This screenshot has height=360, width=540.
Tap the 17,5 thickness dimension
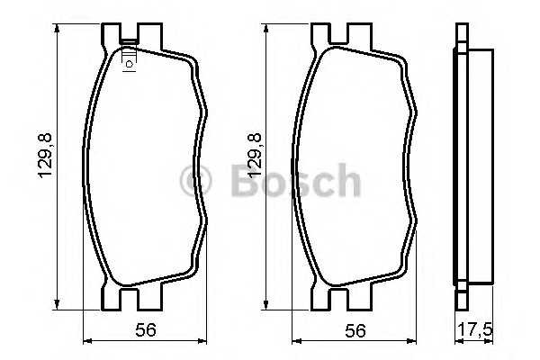click(x=474, y=329)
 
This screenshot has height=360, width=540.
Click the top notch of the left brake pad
click(x=128, y=37)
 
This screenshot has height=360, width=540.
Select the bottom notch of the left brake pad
click(x=128, y=296)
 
